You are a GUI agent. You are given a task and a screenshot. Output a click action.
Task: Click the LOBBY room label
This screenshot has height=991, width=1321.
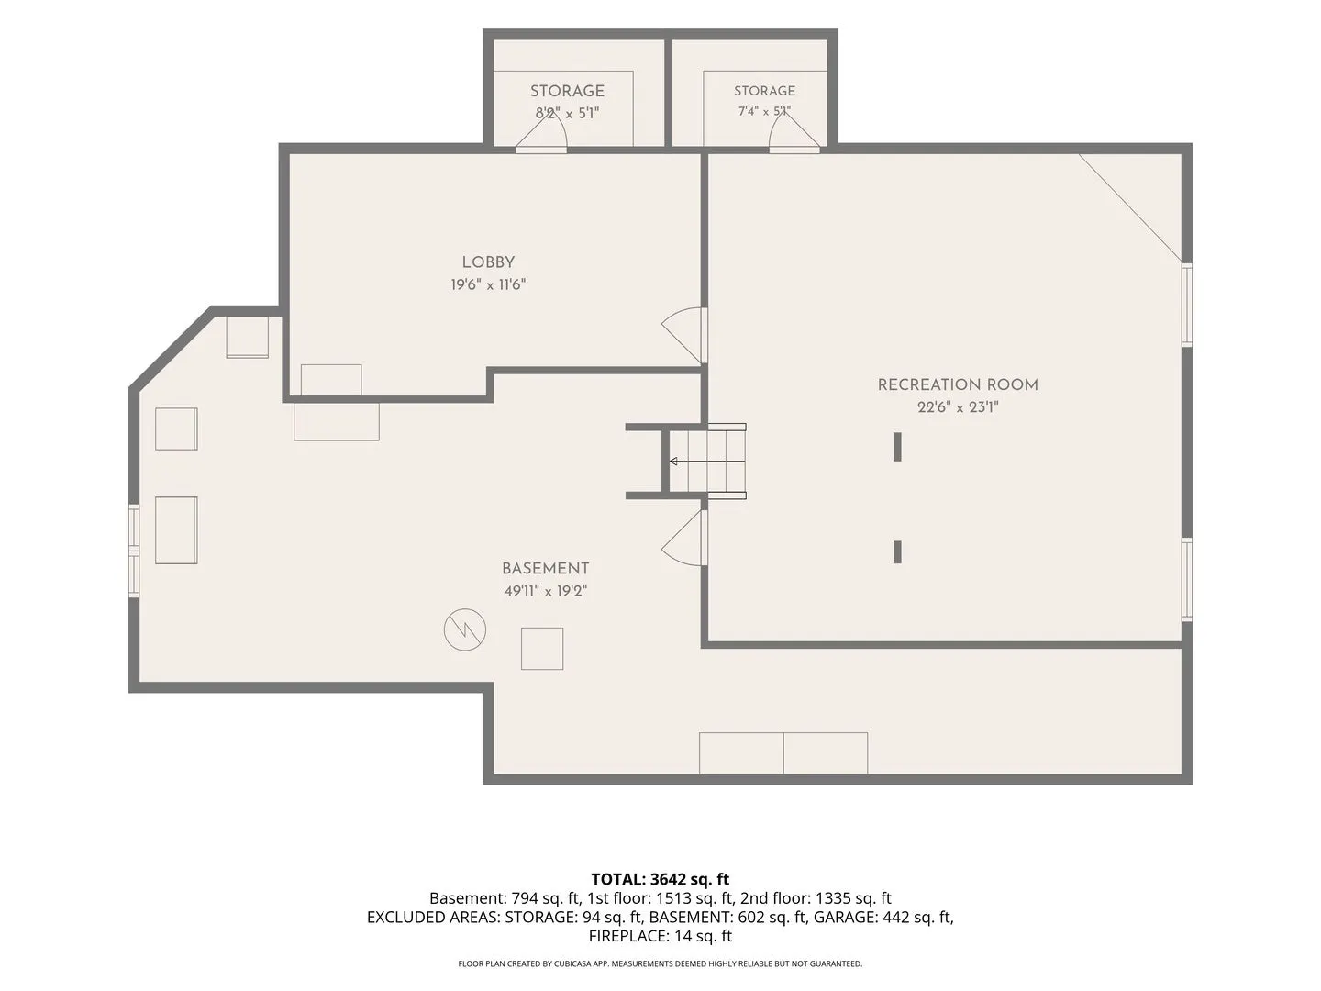tap(488, 262)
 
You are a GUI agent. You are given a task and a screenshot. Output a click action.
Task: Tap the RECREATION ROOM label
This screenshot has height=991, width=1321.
tap(958, 385)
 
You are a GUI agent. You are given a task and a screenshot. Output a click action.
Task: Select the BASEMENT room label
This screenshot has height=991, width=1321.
tap(545, 569)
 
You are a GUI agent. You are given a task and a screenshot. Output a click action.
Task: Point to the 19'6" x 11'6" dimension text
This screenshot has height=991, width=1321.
tap(488, 284)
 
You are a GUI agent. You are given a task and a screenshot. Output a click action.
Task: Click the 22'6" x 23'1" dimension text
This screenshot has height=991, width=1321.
tap(958, 407)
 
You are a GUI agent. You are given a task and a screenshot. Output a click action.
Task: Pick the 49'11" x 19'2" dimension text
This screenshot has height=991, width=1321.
tap(545, 591)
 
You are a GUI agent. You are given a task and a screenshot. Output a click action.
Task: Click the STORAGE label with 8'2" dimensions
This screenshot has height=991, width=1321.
tap(567, 92)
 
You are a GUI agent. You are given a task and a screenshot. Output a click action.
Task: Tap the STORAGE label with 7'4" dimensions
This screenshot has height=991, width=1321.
tap(764, 91)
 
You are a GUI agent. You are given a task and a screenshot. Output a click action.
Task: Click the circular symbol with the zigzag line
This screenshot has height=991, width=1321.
tap(464, 629)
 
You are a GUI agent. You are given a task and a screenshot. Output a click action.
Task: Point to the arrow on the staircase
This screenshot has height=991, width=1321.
tap(707, 462)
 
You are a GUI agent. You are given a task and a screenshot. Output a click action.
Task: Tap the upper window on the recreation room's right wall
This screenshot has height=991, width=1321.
tap(1187, 305)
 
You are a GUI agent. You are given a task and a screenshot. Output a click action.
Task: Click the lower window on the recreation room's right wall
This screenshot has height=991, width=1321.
tap(1187, 579)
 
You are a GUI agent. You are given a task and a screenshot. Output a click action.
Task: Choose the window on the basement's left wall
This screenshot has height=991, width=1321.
tap(134, 551)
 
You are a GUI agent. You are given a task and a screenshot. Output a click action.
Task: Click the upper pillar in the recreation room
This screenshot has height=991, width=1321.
tap(897, 447)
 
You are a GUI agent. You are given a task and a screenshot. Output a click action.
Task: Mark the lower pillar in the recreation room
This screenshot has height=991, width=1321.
tap(897, 551)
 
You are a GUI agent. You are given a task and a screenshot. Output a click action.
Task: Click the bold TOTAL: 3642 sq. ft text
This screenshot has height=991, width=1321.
tap(660, 879)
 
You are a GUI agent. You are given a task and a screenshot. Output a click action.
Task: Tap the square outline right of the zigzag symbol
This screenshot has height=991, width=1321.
tap(542, 649)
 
